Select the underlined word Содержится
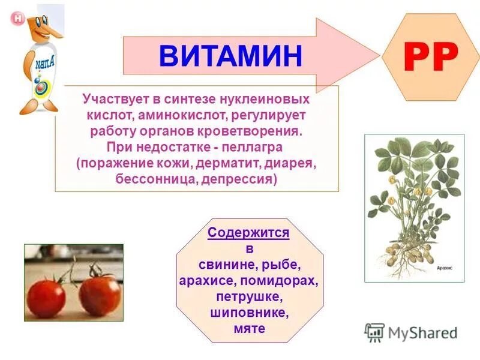(248, 233)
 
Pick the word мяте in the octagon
(248, 329)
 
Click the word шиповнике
(248, 313)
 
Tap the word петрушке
(248, 297)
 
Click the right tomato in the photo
(100, 294)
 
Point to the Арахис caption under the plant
(445, 270)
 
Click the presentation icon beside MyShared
(374, 332)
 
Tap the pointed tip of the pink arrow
(379, 55)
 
